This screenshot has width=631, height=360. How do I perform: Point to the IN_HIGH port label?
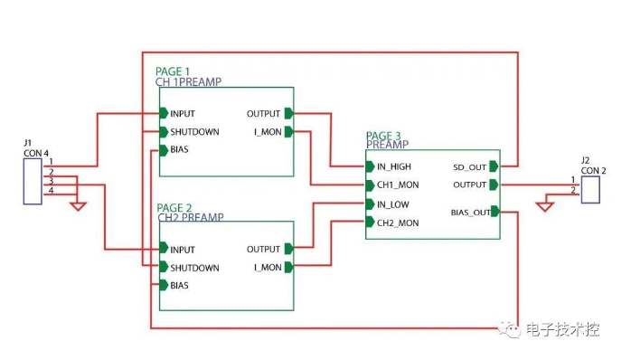tap(393, 166)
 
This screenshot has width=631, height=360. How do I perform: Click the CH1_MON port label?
tap(397, 185)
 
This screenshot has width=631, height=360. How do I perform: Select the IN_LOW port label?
tap(392, 204)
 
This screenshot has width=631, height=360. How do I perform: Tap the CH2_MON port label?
tap(397, 223)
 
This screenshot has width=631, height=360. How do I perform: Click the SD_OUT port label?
tap(468, 166)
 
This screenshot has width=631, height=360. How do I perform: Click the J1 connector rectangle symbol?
tap(32, 180)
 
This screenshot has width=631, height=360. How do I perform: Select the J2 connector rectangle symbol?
tap(592, 190)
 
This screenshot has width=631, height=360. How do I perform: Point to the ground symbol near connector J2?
tap(544, 207)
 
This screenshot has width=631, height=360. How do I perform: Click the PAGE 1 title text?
tap(173, 71)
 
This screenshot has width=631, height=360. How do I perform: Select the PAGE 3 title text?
tap(383, 136)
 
